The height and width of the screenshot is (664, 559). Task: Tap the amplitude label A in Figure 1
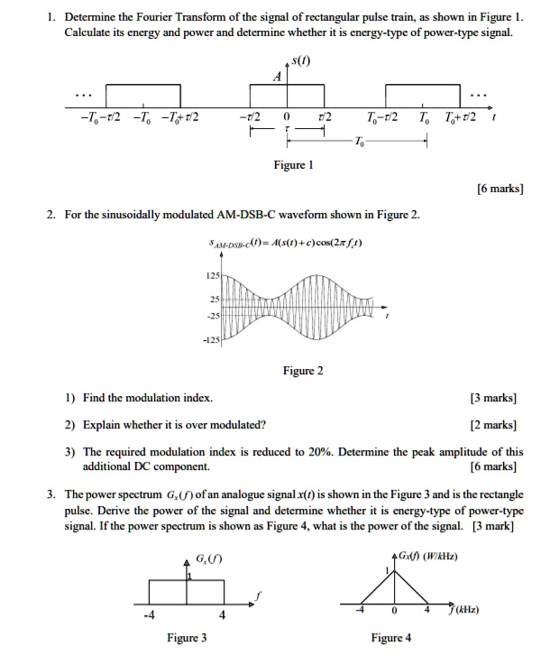click(279, 78)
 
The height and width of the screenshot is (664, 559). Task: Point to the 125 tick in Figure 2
click(214, 274)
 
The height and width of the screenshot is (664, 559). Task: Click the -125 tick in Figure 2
click(212, 339)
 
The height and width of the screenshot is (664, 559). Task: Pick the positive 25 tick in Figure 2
click(215, 298)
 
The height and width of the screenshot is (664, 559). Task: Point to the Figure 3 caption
click(187, 638)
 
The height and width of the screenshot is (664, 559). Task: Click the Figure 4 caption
click(390, 638)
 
